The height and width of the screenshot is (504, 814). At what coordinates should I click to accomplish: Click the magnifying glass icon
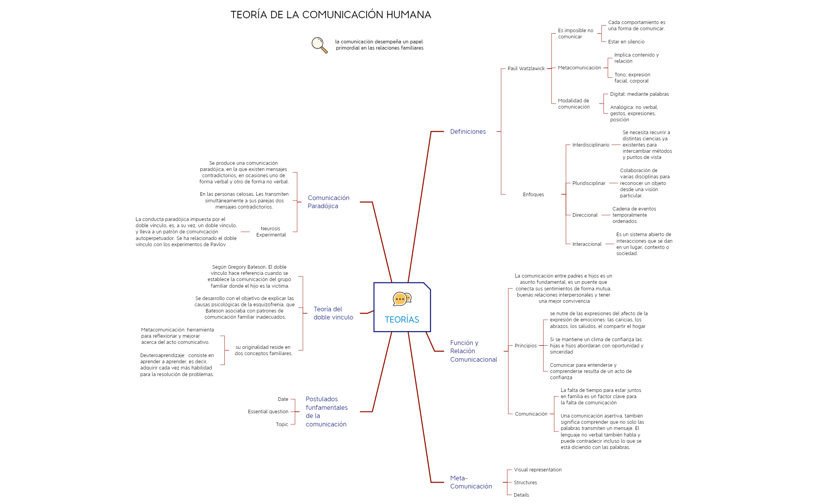pos(319,45)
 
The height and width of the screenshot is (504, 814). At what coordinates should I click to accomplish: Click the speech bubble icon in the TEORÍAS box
pos(402,299)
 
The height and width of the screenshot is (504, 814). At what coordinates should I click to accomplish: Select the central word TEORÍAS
pos(402,319)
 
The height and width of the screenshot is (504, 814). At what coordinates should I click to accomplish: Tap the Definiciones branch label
pos(467,132)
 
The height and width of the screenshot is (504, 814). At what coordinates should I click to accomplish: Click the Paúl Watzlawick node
pos(526,69)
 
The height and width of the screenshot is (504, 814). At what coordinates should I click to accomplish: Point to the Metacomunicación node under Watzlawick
pos(579,68)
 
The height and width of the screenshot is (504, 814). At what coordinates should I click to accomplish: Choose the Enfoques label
pos(533,195)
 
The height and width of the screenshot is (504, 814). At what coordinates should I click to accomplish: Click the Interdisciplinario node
pos(590,145)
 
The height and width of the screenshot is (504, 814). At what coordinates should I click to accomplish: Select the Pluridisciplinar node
pos(588,183)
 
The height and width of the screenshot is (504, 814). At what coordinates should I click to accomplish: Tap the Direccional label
pos(585,215)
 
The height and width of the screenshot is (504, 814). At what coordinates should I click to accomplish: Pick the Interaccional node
pos(586,244)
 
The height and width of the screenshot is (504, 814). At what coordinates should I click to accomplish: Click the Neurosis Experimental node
pos(271,232)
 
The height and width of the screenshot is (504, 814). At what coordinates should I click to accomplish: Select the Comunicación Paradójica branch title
pos(328,202)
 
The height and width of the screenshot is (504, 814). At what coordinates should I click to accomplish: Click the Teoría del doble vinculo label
pos(333,313)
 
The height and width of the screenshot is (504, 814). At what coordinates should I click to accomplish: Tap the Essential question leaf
pos(268,412)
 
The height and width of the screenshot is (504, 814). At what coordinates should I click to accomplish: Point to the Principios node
pos(525,346)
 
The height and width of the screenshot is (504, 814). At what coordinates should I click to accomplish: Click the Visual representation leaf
pos(537,470)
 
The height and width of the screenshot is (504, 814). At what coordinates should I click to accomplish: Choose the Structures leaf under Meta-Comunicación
pos(525,483)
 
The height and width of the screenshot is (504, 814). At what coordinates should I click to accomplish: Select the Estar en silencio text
pos(626,42)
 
